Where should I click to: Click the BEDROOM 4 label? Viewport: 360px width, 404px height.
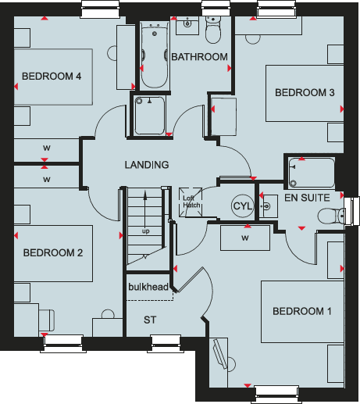pyautogui.click(x=52, y=76)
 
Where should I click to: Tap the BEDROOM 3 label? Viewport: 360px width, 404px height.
pyautogui.click(x=305, y=93)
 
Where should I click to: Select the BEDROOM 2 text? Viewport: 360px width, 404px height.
pyautogui.click(x=52, y=252)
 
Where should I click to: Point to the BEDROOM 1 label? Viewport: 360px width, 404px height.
pyautogui.click(x=302, y=312)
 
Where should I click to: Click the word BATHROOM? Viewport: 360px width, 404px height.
pyautogui.click(x=200, y=57)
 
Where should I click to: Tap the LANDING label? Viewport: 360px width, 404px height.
pyautogui.click(x=147, y=165)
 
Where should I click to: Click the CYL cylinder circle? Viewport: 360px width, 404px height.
pyautogui.click(x=241, y=206)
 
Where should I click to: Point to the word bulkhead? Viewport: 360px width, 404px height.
pyautogui.click(x=148, y=288)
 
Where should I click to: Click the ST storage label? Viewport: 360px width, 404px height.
pyautogui.click(x=149, y=320)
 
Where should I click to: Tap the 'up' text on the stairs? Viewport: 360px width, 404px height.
pyautogui.click(x=145, y=231)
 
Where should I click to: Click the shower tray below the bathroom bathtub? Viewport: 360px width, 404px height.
pyautogui.click(x=149, y=116)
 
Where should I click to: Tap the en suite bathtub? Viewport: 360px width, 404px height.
pyautogui.click(x=311, y=173)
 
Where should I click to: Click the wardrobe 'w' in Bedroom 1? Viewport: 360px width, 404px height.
pyautogui.click(x=244, y=238)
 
